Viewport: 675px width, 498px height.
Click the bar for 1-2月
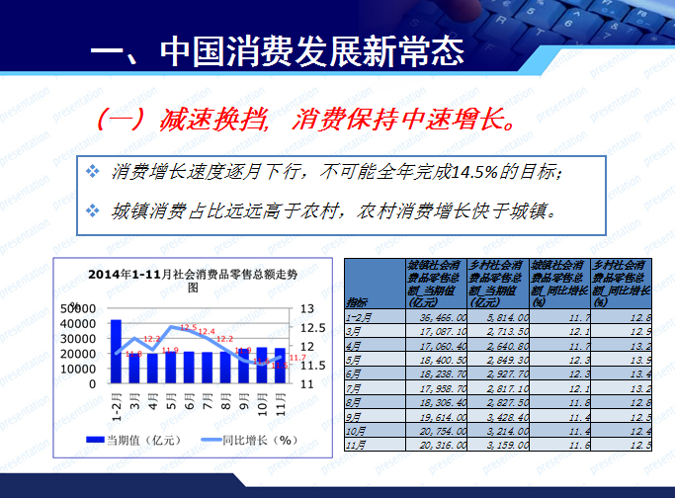point(116,351)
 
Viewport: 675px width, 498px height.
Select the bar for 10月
point(261,366)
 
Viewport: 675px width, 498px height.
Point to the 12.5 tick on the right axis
point(305,328)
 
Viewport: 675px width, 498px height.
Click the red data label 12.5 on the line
point(188,327)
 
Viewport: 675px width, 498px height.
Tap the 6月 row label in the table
point(353,375)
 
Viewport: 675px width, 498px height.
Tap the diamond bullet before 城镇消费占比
point(93,211)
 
